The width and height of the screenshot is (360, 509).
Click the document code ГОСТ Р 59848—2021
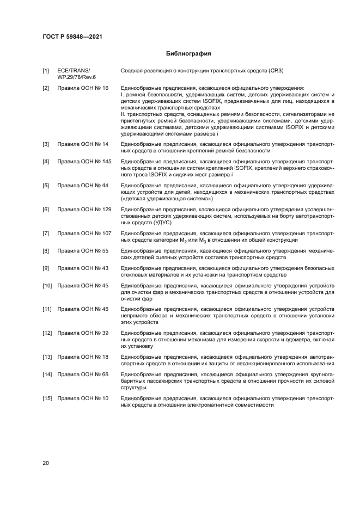pyautogui.click(x=72, y=36)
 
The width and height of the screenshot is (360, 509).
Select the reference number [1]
pyautogui.click(x=46, y=71)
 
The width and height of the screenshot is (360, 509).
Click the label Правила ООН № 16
pyautogui.click(x=83, y=88)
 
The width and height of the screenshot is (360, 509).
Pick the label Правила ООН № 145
pyautogui.click(x=84, y=162)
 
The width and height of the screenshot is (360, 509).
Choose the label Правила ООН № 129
pyautogui.click(x=84, y=210)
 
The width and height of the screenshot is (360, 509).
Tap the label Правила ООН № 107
pyautogui.click(x=84, y=234)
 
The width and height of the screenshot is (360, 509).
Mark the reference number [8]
pyautogui.click(x=46, y=251)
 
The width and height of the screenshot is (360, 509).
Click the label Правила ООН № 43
pyautogui.click(x=83, y=268)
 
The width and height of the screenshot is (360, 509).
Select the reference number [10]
pyautogui.click(x=47, y=286)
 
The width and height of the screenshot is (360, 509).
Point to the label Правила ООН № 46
pyautogui.click(x=83, y=309)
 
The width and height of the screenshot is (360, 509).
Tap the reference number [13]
pyautogui.click(x=47, y=357)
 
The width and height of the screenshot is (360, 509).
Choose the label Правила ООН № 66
pyautogui.click(x=83, y=375)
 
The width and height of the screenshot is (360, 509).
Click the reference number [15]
pyautogui.click(x=47, y=398)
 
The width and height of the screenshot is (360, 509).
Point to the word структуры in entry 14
pyautogui.click(x=133, y=388)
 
